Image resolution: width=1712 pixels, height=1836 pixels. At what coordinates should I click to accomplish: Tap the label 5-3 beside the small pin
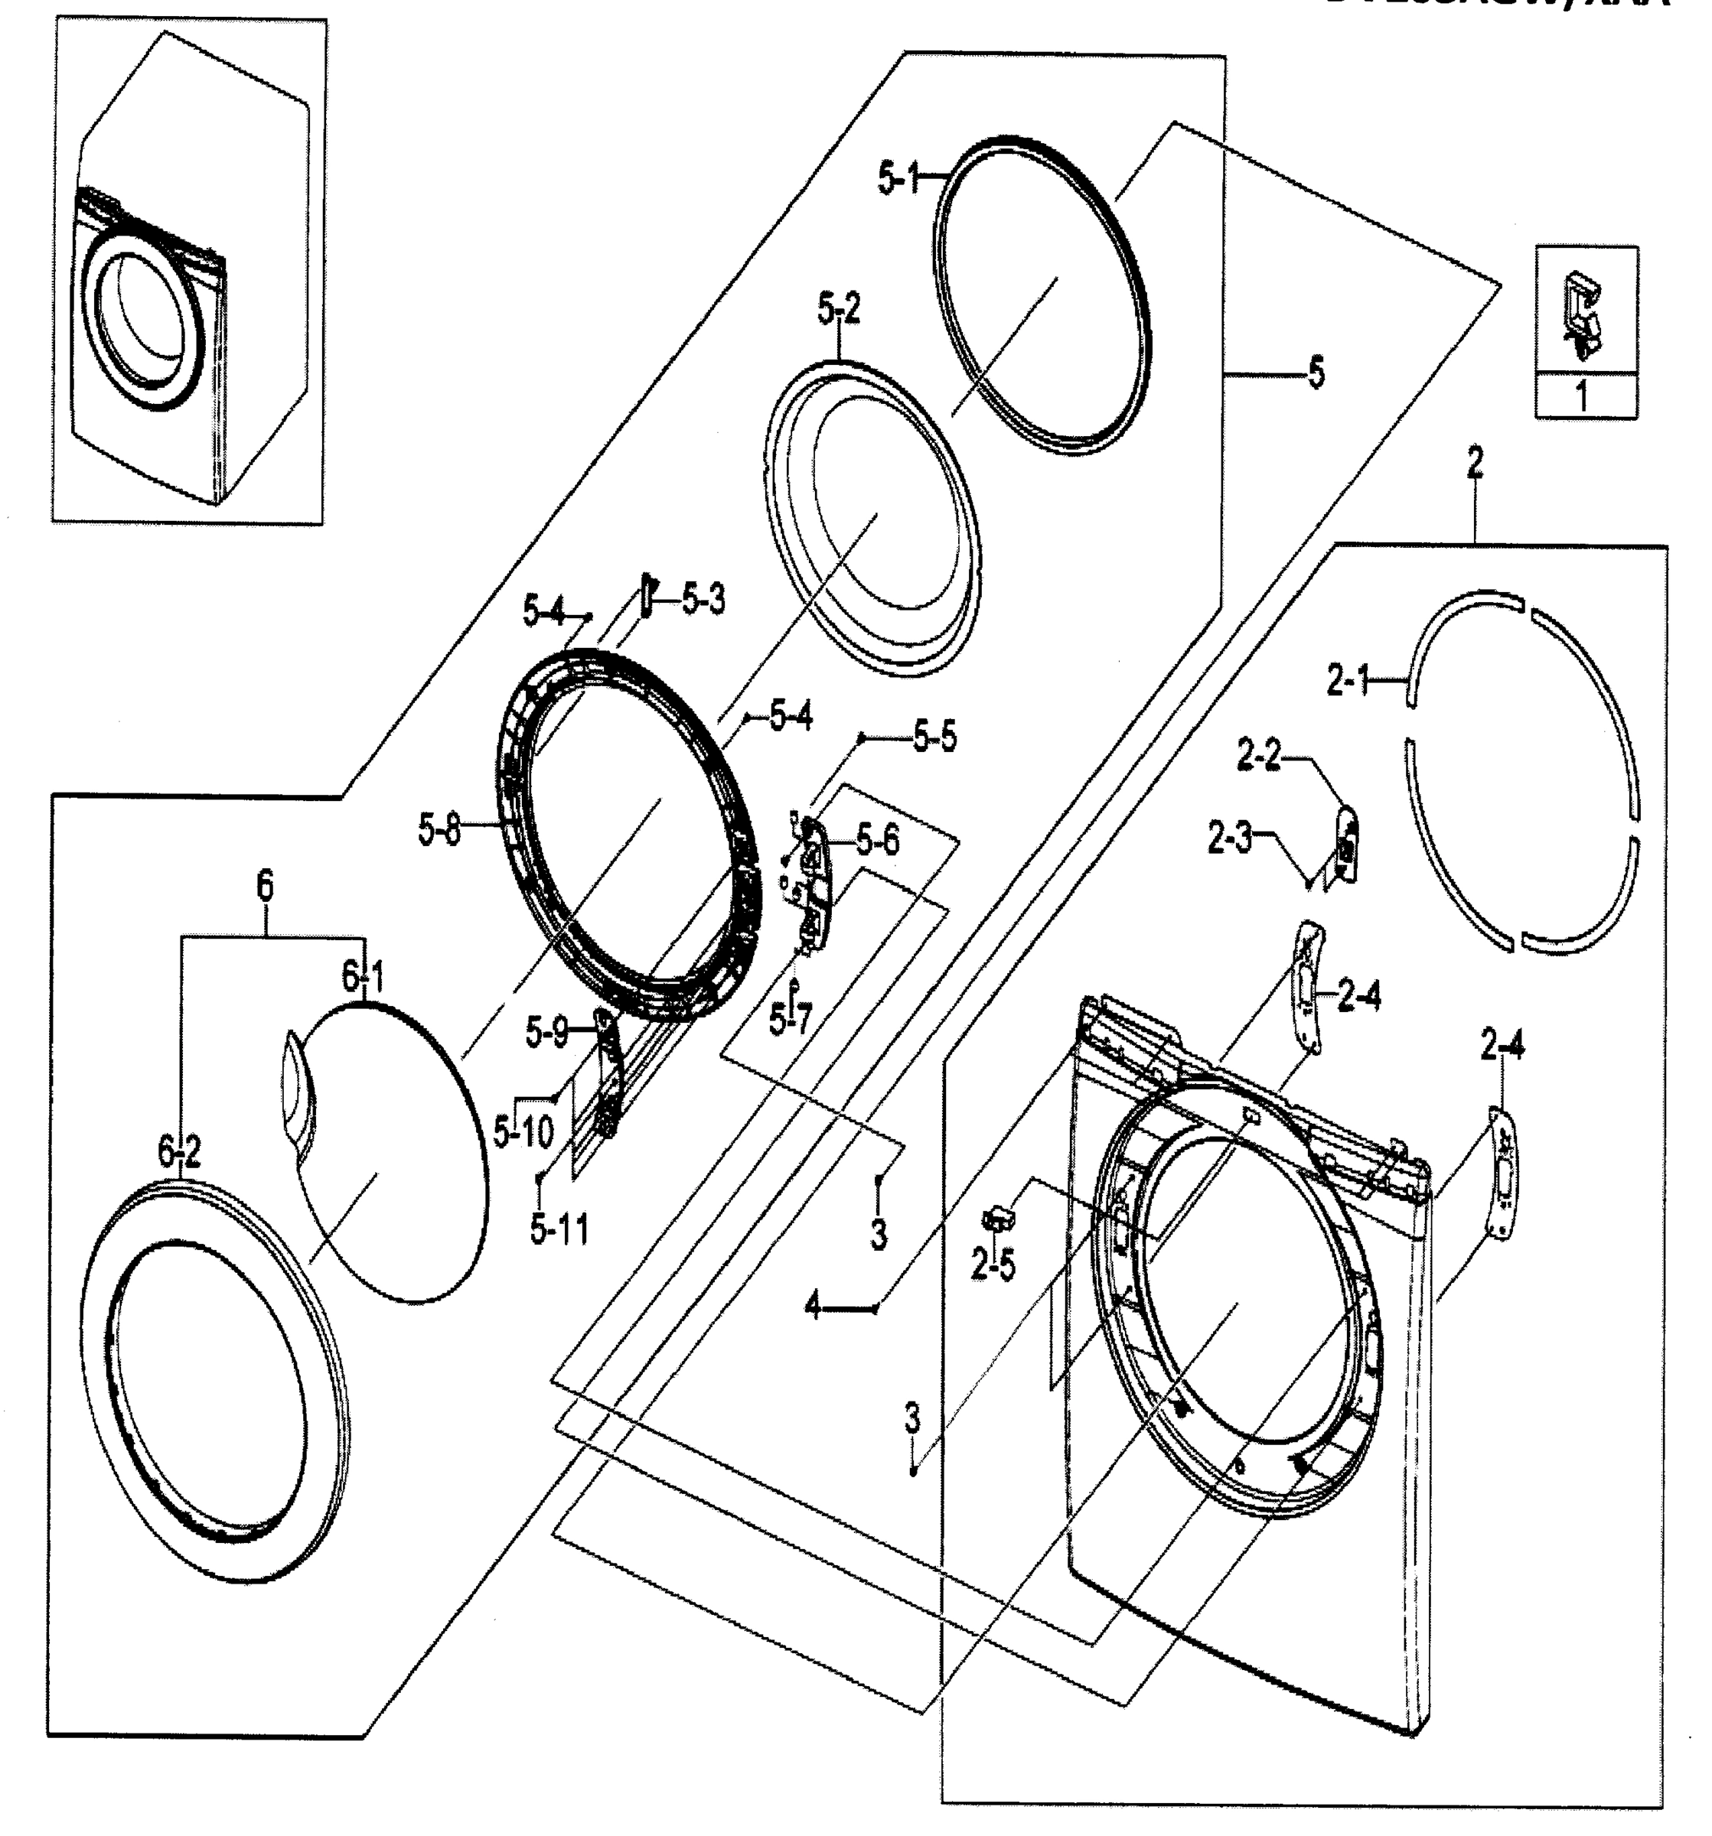point(704,601)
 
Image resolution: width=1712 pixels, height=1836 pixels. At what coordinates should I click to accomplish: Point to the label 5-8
point(439,832)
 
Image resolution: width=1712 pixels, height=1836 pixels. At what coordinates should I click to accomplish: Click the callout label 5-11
point(559,1229)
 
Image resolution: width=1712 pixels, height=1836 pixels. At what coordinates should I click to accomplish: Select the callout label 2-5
point(993,1265)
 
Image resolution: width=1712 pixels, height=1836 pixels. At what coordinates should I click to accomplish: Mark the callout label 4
point(812,1307)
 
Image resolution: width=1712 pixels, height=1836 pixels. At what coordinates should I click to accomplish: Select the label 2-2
point(1259,758)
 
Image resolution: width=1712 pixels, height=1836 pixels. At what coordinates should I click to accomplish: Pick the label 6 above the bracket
point(264,886)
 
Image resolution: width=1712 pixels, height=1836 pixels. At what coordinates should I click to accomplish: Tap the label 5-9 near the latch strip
point(547,1033)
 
